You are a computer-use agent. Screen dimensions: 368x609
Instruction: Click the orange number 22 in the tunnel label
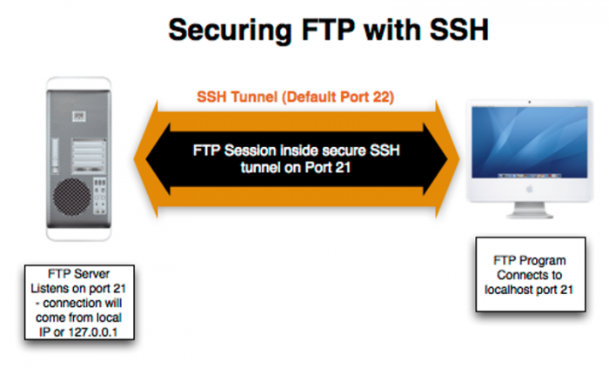coord(384,97)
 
